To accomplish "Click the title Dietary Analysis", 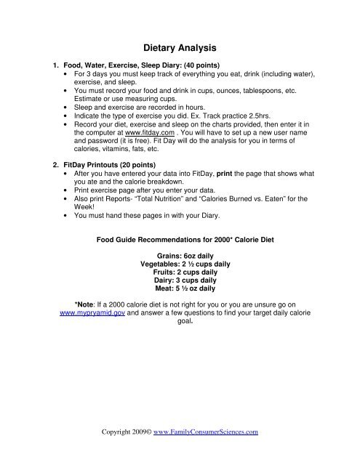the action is (180, 49).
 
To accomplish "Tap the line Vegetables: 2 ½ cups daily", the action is (180, 264).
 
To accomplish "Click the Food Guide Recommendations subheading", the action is (180, 237).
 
